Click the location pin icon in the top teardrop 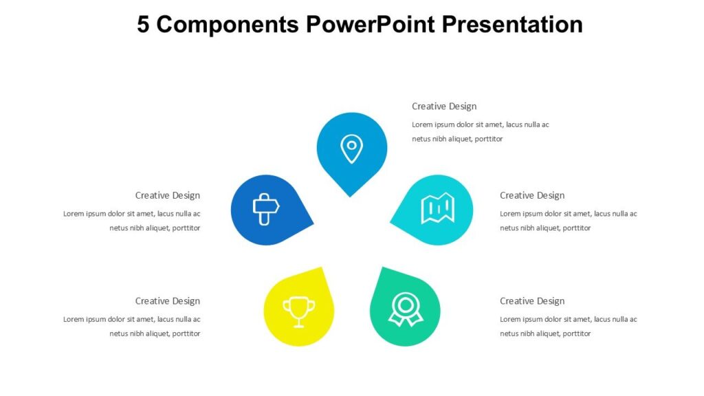[x=351, y=148]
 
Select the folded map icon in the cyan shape [x=438, y=208]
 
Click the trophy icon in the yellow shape [x=299, y=311]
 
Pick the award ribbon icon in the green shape [x=405, y=309]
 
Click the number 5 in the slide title [x=143, y=24]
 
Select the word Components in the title [x=228, y=24]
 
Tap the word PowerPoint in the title [x=371, y=24]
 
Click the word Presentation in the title [x=512, y=24]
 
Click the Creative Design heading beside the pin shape [x=444, y=107]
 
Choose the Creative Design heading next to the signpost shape [x=168, y=196]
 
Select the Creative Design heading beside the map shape [x=532, y=196]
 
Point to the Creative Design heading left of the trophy [x=168, y=301]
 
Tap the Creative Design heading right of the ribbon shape [x=532, y=301]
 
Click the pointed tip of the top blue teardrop [x=350, y=196]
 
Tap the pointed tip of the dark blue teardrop [x=313, y=223]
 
